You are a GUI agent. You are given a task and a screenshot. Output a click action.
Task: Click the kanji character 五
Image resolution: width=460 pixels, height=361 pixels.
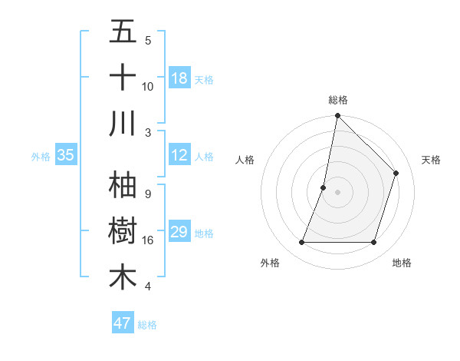[123, 32]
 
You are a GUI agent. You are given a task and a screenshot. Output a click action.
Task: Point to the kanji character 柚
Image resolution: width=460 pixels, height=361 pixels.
[123, 185]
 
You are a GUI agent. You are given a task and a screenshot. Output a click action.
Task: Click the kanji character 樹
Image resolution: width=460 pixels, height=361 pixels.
[123, 231]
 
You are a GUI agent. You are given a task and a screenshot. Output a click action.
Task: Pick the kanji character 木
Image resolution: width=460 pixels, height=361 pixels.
[123, 277]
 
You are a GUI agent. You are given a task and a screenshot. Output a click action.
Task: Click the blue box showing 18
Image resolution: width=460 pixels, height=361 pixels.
[179, 78]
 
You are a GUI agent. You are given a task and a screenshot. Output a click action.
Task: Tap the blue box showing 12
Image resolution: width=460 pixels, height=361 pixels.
[179, 156]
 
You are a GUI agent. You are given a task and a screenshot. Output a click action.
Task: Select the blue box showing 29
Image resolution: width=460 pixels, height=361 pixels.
[179, 233]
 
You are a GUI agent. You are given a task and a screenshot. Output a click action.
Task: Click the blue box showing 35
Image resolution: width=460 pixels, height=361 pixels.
[65, 156]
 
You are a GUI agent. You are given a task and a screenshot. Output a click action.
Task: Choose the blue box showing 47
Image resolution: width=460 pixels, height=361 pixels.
[123, 323]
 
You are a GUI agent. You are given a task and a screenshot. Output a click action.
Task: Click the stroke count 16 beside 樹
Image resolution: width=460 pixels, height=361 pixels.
[148, 240]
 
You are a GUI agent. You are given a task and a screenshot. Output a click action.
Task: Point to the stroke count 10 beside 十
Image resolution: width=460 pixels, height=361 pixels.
[148, 86]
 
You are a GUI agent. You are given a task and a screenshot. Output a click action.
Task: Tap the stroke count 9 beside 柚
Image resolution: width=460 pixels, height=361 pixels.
[148, 194]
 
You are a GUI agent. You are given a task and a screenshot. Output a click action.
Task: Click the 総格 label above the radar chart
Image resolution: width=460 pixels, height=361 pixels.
[338, 100]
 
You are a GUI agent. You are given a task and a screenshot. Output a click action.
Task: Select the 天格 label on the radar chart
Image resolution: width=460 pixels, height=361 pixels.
[431, 160]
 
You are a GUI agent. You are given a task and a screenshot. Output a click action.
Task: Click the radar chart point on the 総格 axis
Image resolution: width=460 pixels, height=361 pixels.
[337, 116]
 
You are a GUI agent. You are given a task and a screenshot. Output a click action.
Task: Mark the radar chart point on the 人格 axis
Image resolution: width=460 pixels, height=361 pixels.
[324, 187]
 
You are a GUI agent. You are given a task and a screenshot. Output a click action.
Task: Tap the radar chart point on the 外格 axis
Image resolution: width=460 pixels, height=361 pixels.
[301, 243]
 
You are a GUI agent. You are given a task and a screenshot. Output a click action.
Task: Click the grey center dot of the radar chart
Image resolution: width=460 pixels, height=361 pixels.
[337, 192]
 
